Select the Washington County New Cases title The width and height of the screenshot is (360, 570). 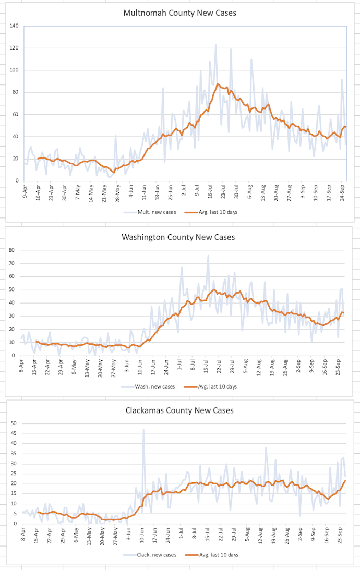(x=178, y=237)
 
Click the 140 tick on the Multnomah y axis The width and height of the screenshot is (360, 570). (x=14, y=26)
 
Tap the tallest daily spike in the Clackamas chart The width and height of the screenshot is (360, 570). (x=143, y=430)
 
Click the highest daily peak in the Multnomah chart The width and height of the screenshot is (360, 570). (x=215, y=45)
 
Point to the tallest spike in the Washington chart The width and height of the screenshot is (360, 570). (x=208, y=256)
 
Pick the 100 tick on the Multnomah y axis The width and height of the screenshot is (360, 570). (x=14, y=70)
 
